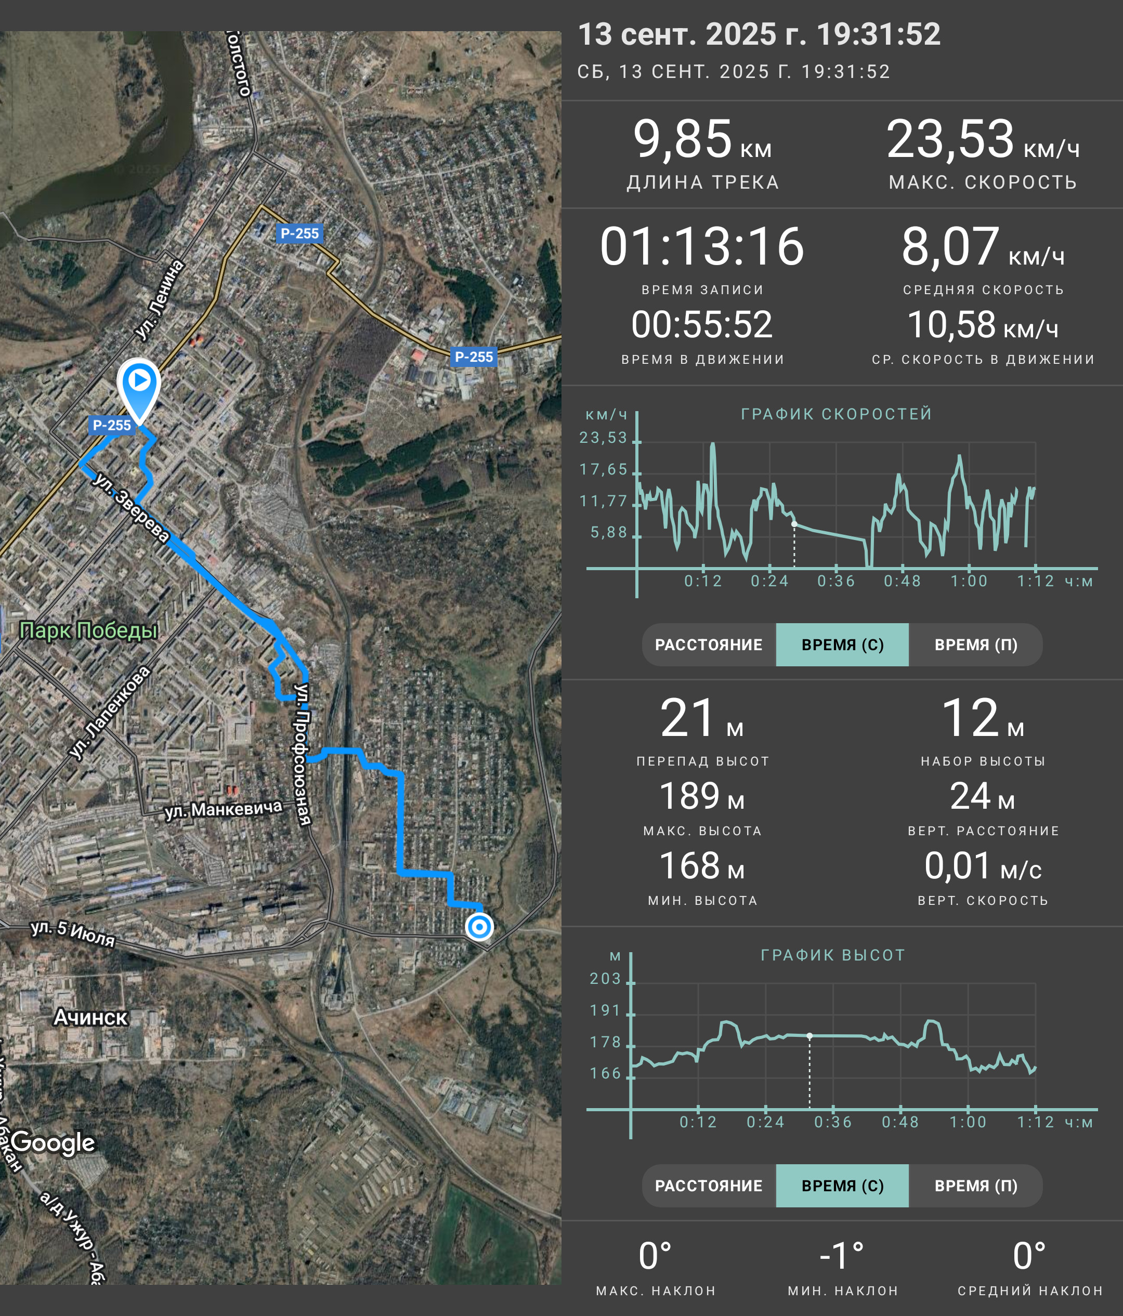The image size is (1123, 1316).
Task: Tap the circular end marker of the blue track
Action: pos(479,927)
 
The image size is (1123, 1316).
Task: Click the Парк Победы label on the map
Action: pos(88,630)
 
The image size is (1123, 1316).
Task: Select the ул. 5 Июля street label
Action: pos(73,933)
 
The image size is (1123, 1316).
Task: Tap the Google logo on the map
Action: pos(54,1142)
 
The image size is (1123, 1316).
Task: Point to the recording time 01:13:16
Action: pos(702,246)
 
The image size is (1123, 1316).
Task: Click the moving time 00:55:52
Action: pos(702,324)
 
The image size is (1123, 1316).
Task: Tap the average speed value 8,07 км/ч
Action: pos(983,246)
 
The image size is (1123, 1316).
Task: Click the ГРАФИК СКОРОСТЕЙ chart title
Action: pos(837,414)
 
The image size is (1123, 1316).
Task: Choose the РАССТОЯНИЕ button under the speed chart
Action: pos(709,644)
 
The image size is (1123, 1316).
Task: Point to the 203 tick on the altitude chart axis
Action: pos(605,978)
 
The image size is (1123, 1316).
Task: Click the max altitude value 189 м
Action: pos(702,796)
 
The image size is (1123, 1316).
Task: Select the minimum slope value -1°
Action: pos(842,1256)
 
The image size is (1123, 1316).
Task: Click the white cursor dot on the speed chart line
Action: pos(794,524)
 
